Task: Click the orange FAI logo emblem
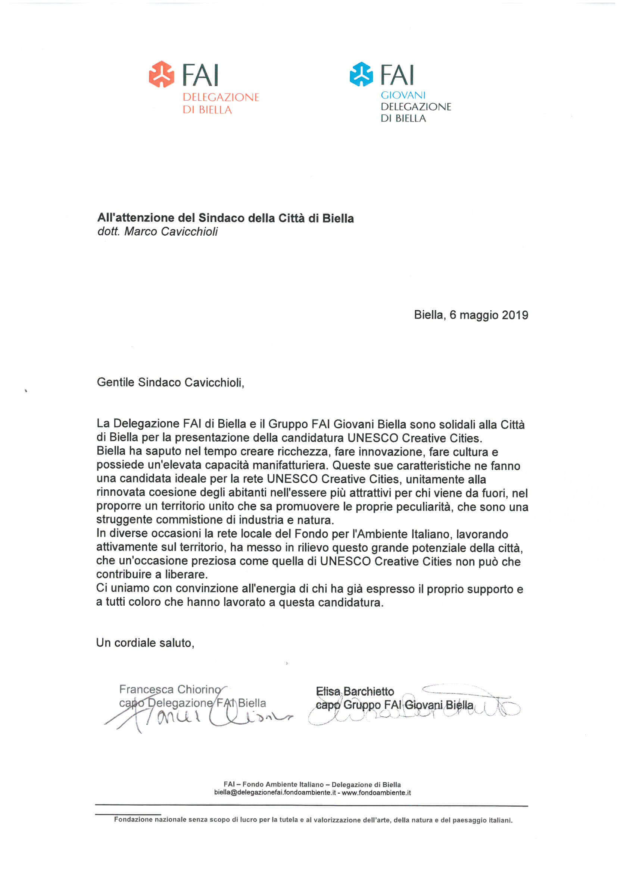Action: (x=161, y=74)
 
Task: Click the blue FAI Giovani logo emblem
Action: (x=361, y=74)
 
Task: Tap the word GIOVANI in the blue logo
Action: (x=403, y=95)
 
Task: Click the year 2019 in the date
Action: (x=515, y=315)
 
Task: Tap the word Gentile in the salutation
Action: (x=116, y=382)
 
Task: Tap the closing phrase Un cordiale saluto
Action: (x=145, y=643)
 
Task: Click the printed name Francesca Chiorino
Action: (x=169, y=689)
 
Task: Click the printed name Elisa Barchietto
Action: (x=355, y=691)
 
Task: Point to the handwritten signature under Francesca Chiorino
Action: (x=198, y=718)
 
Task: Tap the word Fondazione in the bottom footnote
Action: (x=133, y=819)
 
